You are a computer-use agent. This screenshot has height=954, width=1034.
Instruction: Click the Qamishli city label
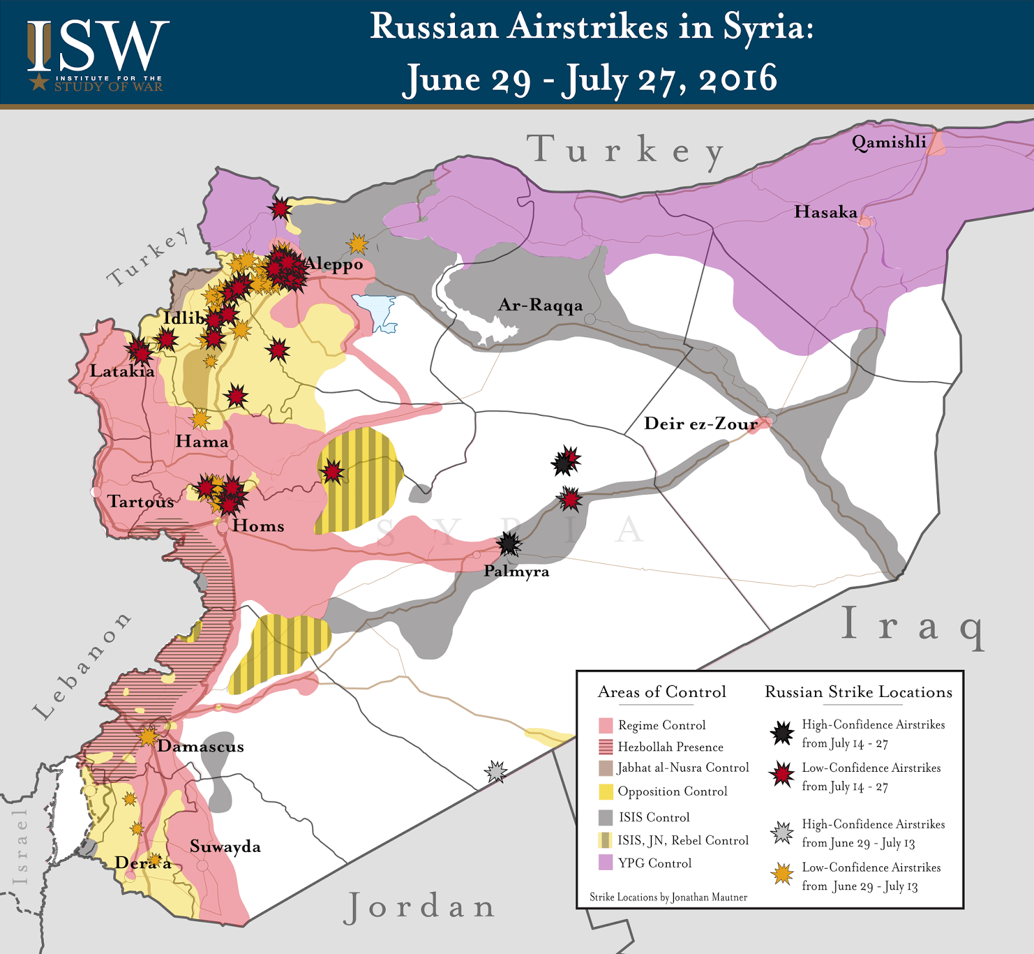point(889,143)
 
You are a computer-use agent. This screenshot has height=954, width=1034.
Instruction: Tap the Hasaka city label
point(825,212)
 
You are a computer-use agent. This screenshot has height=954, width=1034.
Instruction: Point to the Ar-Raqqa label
point(540,306)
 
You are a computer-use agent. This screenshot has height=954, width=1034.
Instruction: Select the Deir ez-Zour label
point(701,424)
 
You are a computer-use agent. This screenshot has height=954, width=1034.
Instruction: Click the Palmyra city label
point(516,571)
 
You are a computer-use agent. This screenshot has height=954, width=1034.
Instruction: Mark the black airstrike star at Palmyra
point(509,544)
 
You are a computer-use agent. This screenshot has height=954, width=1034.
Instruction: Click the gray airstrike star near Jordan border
point(496,771)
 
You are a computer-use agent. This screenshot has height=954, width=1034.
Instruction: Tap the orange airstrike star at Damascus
point(149,736)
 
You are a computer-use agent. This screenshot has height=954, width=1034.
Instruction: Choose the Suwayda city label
point(225,847)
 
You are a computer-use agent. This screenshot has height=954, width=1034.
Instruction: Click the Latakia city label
point(122,371)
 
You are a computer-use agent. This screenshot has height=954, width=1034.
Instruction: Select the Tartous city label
point(141,502)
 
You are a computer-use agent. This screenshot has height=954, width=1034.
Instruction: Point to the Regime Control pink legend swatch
point(606,725)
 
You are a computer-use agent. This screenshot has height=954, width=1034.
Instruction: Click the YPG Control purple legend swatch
point(606,862)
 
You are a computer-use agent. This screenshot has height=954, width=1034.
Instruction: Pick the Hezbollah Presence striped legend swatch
point(606,747)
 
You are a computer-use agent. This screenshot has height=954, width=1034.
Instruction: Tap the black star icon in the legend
point(782,733)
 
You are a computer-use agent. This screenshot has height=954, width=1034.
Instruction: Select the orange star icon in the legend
point(782,875)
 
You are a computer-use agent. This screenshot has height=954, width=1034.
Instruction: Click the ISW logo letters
point(97,47)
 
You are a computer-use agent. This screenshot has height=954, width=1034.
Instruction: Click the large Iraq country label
point(913,625)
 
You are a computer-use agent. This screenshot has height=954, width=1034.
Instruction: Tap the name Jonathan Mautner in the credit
point(709,897)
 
